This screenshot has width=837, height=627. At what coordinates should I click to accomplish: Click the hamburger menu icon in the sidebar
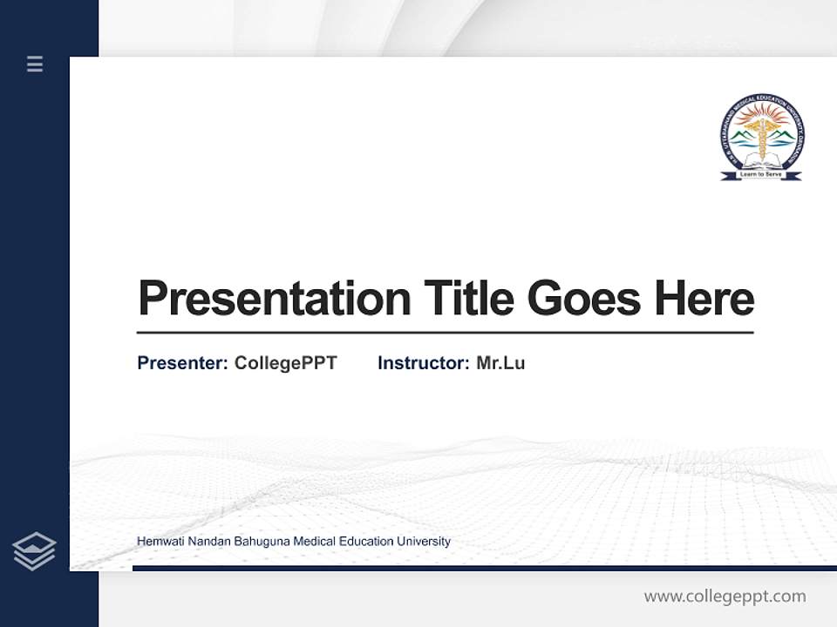coord(35,64)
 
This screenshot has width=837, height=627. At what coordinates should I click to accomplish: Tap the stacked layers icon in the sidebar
coord(34,551)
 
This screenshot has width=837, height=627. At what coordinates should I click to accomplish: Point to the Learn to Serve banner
coord(762,174)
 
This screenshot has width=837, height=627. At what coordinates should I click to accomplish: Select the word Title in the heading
coord(469,299)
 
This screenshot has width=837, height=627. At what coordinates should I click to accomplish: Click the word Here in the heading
coord(704,299)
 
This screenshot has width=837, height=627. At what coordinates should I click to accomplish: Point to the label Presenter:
coord(182,363)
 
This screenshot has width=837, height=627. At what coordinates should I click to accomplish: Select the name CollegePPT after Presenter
coord(285,363)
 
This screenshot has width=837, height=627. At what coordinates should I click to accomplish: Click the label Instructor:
coord(423,363)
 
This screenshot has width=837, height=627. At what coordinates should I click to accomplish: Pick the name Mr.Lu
coord(500,363)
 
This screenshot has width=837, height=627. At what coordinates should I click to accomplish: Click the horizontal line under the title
coord(445,333)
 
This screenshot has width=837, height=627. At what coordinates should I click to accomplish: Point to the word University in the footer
coord(424,542)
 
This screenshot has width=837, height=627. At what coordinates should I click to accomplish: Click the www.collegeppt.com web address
coord(725,597)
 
